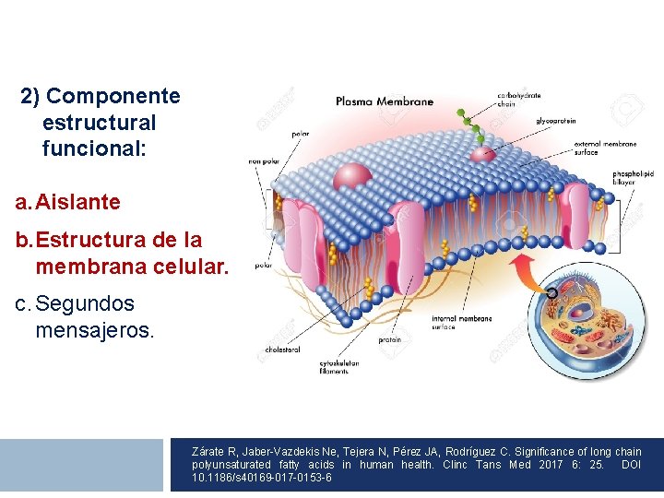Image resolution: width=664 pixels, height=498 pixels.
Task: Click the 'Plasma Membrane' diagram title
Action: pos(384,101)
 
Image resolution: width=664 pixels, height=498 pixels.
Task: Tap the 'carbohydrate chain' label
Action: pos(520,99)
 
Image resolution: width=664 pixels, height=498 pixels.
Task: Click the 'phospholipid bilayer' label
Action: pos(634,179)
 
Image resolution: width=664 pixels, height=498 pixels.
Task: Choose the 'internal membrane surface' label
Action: pos(461,323)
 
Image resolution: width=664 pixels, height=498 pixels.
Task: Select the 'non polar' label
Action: pos(263,161)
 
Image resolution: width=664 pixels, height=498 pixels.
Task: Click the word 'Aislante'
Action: pos(78,201)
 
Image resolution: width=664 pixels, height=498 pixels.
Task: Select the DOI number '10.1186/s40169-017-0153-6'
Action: pos(262,478)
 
